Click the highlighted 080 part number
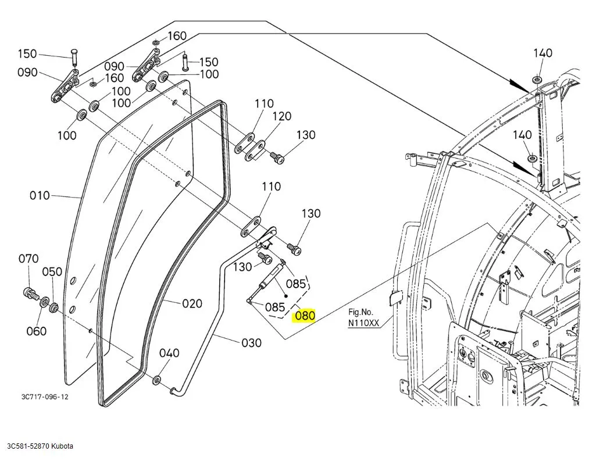pos(305,316)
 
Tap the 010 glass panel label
pos(40,195)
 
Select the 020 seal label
pos(192,303)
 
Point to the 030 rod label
pos(251,343)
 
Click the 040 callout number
pos(169,353)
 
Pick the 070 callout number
pos(28,259)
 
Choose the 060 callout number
pos(36,331)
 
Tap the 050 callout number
pos(52,271)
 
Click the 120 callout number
pos(281,116)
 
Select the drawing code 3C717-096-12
pos(45,396)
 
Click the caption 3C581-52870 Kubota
pos(40,446)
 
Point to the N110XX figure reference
pos(363,323)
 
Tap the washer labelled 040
pos(157,380)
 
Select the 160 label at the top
pos(177,36)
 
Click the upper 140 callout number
pos(543,53)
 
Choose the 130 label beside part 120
pos(306,135)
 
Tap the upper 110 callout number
pos(263,103)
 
